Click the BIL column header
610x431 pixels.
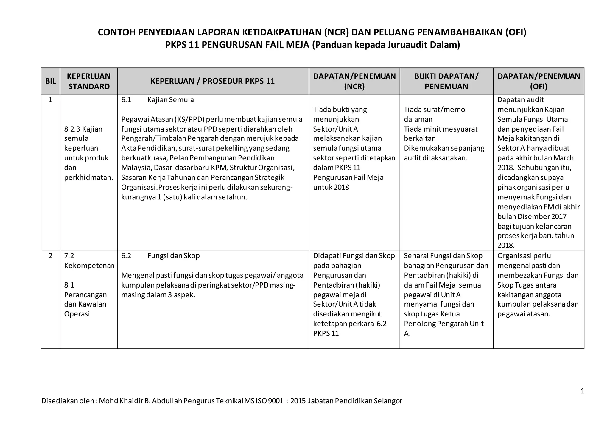(50, 81)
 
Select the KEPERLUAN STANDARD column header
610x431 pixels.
(89, 81)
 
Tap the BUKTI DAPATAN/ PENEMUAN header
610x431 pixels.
(446, 81)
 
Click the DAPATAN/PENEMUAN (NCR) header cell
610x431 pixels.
(354, 81)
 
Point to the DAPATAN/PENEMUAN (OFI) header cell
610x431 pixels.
(539, 81)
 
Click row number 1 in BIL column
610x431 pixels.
(50, 100)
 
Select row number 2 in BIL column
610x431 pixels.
(50, 256)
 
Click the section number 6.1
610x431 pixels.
(126, 100)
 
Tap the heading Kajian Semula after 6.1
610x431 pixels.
(170, 100)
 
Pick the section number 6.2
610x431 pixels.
(126, 256)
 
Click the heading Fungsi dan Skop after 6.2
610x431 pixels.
(173, 256)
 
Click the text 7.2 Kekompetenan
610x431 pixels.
(89, 261)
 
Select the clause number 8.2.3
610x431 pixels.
(72, 129)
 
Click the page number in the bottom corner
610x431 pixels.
(583, 391)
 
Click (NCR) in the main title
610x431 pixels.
(337, 32)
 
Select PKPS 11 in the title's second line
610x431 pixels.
(182, 45)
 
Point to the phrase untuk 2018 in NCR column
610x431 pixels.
(331, 187)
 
